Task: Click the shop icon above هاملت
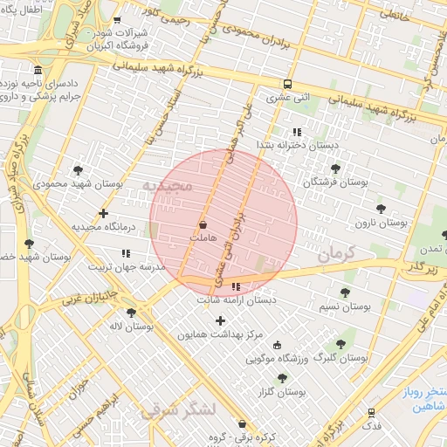click(x=203, y=225)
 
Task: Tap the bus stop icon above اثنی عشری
click(x=287, y=85)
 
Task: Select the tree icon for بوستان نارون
click(x=381, y=209)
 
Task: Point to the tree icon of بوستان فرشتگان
click(x=335, y=168)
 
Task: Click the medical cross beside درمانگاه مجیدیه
click(x=104, y=213)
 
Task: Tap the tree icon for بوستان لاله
click(x=131, y=312)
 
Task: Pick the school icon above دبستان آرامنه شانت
click(x=236, y=285)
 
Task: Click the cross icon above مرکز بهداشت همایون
click(x=220, y=321)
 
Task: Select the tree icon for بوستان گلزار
click(x=281, y=378)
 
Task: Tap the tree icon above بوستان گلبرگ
click(x=340, y=344)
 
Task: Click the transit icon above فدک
click(x=371, y=411)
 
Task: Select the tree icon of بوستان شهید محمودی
click(x=79, y=170)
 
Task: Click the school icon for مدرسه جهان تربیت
click(x=126, y=253)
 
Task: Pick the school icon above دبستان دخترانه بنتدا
click(x=296, y=133)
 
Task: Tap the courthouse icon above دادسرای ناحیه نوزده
click(x=37, y=70)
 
